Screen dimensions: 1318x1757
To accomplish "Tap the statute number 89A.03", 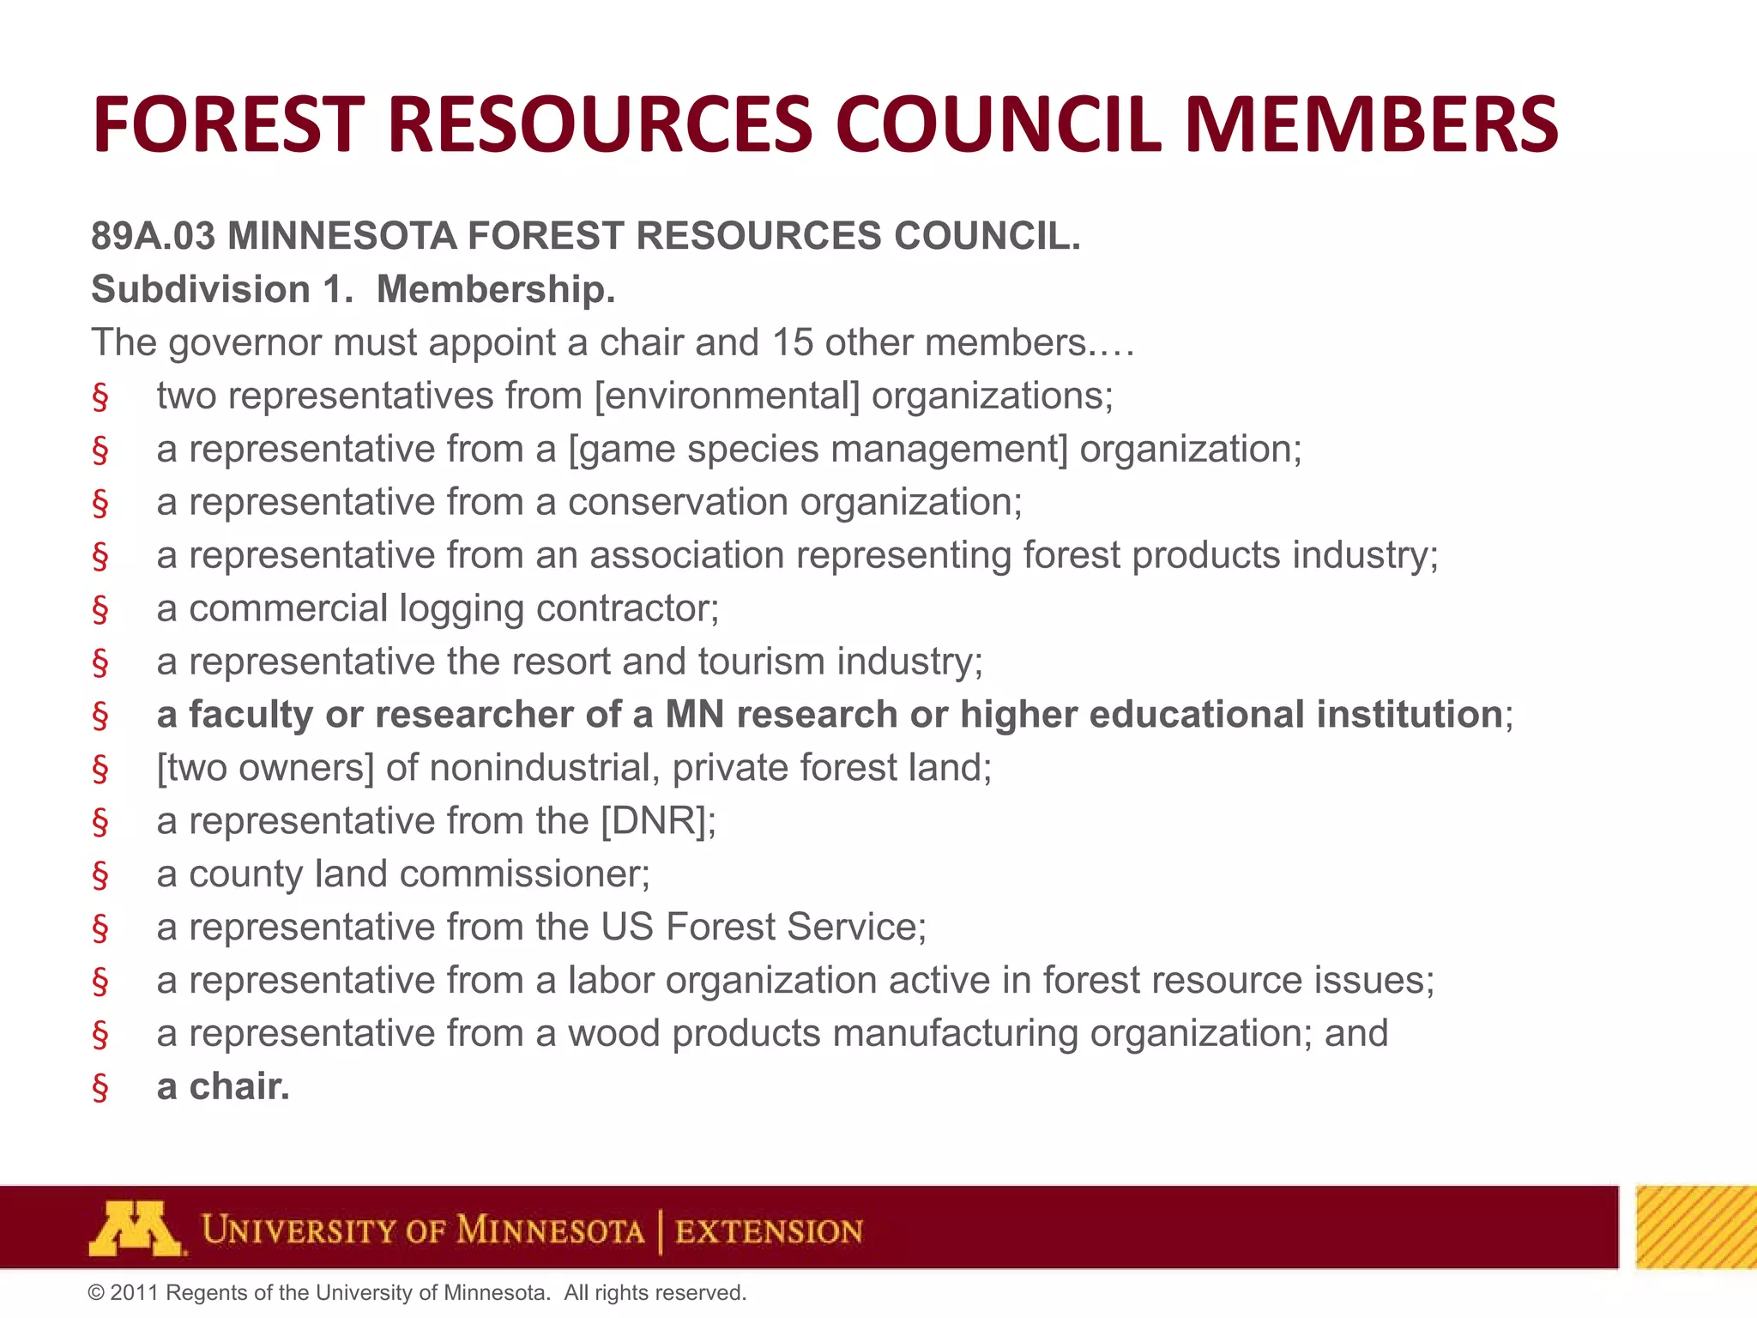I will [x=154, y=236].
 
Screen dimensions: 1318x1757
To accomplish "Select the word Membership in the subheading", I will [x=495, y=289].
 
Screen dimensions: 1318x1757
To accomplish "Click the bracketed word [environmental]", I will [x=727, y=396].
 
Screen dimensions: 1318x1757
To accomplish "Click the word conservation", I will [x=678, y=502].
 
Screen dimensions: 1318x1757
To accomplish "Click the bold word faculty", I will [x=251, y=715].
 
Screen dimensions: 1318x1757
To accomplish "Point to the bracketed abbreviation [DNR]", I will [x=656, y=821].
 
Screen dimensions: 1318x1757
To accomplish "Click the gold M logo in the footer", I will [x=135, y=1229].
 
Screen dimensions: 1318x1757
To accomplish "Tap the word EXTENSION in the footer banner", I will [x=769, y=1231].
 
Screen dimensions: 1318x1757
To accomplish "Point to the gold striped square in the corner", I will [x=1695, y=1227].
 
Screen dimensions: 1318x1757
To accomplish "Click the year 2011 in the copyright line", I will [x=135, y=1293].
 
